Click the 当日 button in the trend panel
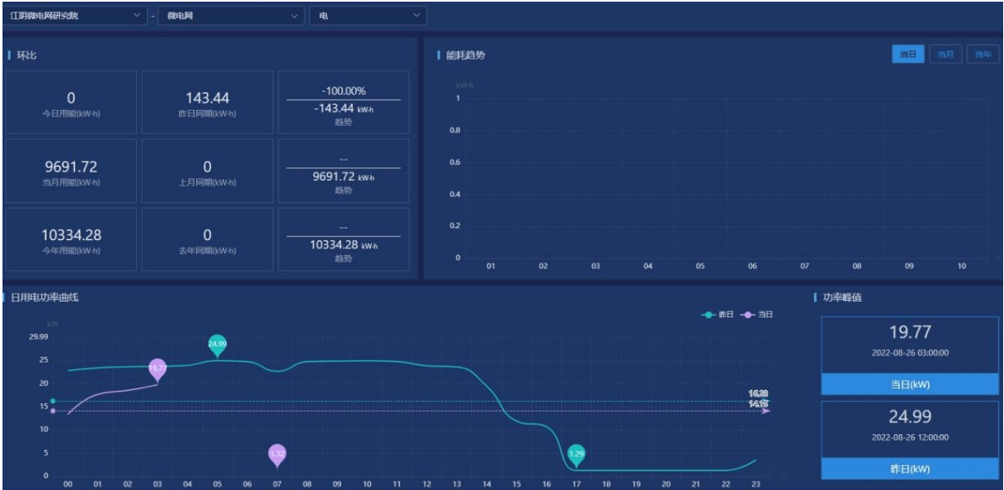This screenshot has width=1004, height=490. coord(908,54)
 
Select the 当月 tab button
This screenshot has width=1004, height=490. coord(945,54)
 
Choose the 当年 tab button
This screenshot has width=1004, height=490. coord(982,54)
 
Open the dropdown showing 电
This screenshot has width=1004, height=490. coord(368,15)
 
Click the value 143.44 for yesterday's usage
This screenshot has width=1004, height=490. coord(207,97)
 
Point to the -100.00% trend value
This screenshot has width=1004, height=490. coord(343,90)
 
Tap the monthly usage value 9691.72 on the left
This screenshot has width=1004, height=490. coord(71,166)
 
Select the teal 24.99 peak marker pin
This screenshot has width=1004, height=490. coord(217,344)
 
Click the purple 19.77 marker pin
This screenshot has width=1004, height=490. coord(158,368)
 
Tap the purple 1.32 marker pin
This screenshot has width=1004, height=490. coord(278,454)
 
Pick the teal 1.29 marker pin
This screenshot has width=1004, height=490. coord(576,454)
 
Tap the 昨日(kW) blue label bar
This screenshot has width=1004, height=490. coord(910,469)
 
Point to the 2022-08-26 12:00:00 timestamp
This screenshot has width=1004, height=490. coord(910,437)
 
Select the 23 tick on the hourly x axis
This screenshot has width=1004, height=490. coord(755,482)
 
